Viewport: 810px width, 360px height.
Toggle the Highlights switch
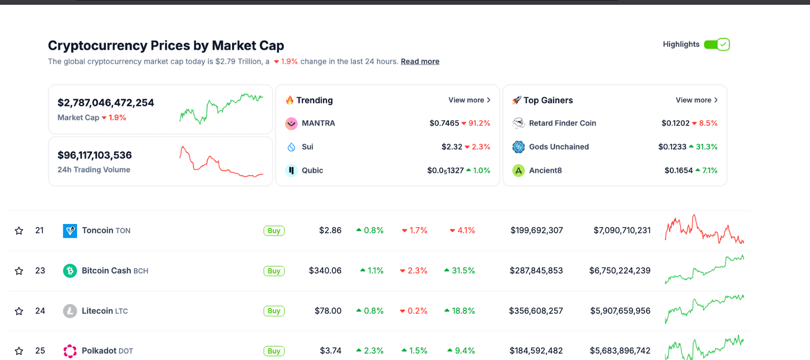[x=717, y=44]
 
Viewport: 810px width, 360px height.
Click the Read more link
[x=420, y=62]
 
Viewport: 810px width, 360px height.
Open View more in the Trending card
[x=469, y=100]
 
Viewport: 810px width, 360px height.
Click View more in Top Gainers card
[x=697, y=100]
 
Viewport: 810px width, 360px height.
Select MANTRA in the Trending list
[x=318, y=123]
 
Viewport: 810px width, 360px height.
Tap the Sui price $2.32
[x=451, y=147]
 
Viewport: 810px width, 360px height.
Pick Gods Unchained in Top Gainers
[x=558, y=147]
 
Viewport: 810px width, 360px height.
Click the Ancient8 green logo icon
[x=518, y=171]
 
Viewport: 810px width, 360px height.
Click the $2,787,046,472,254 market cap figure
[x=105, y=103]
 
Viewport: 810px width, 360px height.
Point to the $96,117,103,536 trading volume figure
[x=94, y=155]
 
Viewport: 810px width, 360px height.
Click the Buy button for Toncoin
[x=274, y=231]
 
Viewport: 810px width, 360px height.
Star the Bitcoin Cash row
[x=19, y=271]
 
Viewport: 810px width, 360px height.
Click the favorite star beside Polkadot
[x=19, y=351]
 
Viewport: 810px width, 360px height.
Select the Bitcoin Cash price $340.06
[x=325, y=271]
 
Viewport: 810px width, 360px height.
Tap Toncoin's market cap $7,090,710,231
[x=622, y=231]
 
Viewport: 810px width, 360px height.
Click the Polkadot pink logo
[x=70, y=351]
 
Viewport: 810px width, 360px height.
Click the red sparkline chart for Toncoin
[x=704, y=230]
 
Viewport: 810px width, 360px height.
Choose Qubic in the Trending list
[x=312, y=171]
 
